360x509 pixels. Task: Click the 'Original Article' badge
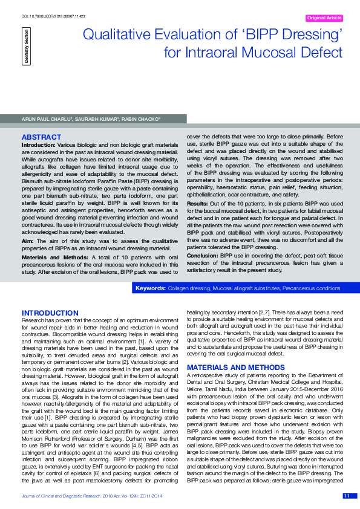pos(324,18)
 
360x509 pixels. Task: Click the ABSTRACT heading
pos(41,137)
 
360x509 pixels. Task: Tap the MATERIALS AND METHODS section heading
pos(235,368)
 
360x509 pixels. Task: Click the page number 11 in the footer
pos(346,496)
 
